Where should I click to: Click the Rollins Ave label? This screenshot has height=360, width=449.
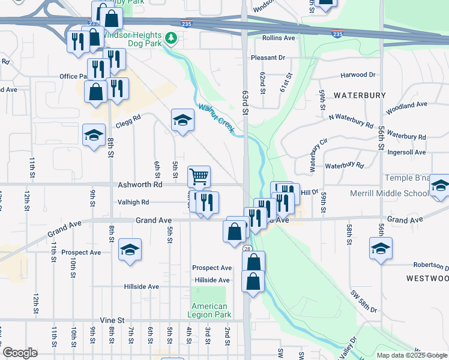[279, 38]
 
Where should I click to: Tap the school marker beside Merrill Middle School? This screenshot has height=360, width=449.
[440, 187]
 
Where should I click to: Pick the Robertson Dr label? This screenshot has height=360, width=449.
[430, 265]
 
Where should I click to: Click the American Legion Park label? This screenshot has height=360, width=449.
[209, 311]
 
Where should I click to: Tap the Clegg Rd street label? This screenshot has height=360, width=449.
[128, 118]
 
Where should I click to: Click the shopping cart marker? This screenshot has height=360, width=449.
[199, 176]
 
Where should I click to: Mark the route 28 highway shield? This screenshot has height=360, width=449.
[247, 248]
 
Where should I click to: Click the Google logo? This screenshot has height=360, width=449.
[20, 353]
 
